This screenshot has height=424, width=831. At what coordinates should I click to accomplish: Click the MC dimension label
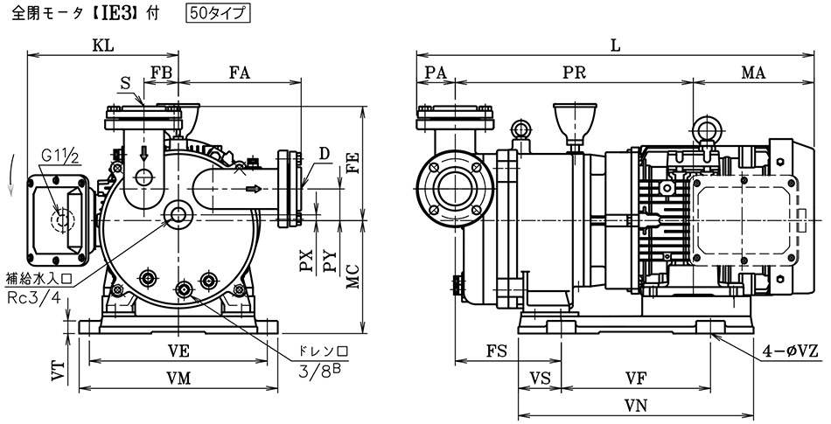353,277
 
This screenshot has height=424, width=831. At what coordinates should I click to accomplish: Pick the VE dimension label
178,351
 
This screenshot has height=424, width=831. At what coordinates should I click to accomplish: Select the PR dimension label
575,74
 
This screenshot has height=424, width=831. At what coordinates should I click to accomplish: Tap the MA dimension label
754,74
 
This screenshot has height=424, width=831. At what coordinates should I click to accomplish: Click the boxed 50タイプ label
217,13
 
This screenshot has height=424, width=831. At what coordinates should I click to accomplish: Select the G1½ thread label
60,156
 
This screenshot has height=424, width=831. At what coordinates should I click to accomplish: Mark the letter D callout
323,154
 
